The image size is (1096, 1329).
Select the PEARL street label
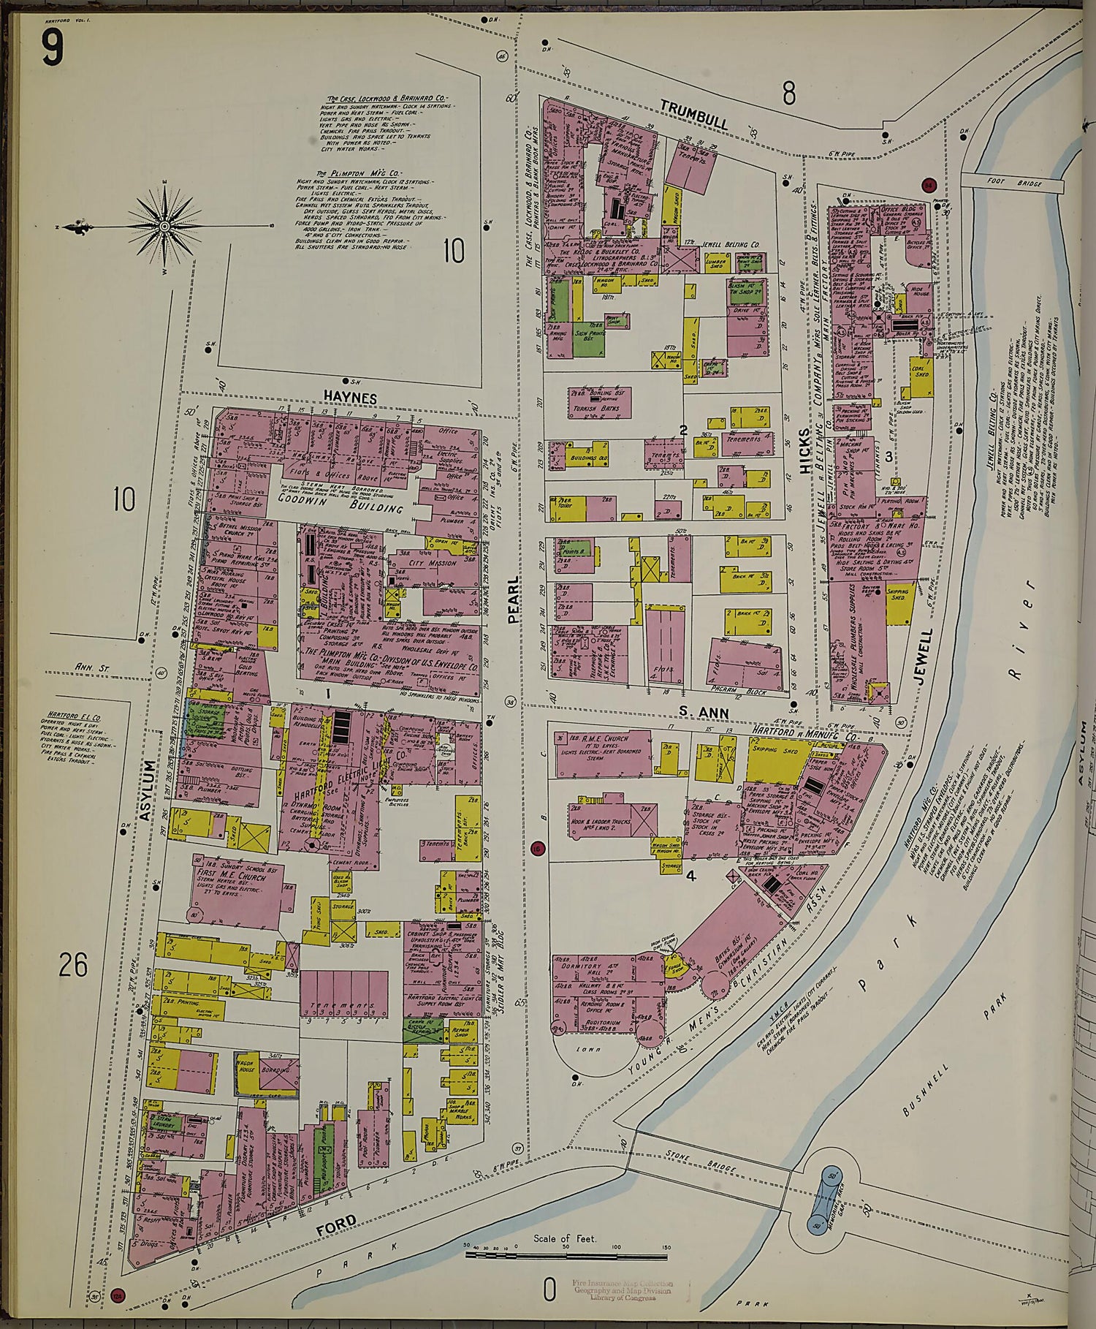[x=514, y=599]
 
